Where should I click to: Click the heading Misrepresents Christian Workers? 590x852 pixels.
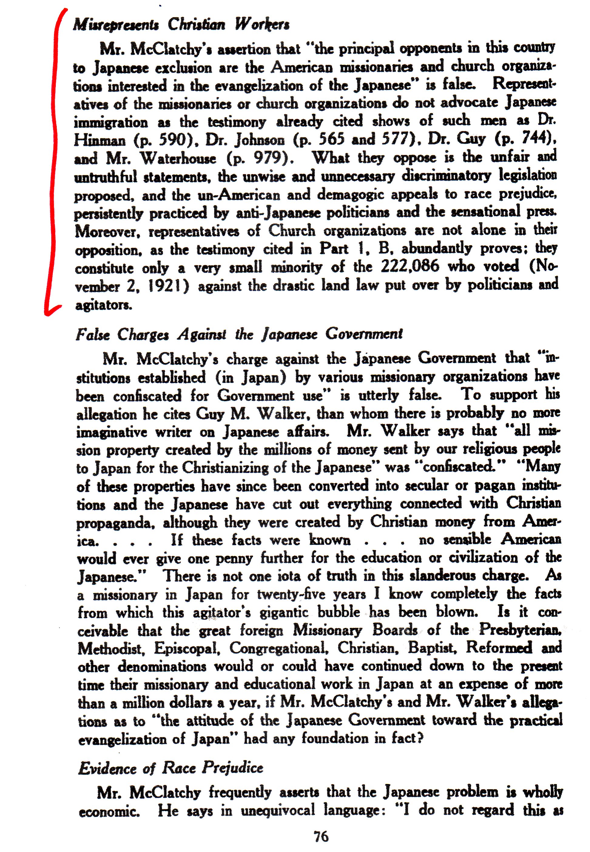click(181, 25)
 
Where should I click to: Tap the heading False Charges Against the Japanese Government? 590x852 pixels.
click(239, 334)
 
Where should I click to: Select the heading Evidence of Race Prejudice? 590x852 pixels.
click(170, 768)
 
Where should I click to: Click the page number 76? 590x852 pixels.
click(321, 836)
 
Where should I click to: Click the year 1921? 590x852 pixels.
click(169, 286)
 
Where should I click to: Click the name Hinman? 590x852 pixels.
click(99, 140)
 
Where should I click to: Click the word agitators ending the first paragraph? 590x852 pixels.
click(103, 305)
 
